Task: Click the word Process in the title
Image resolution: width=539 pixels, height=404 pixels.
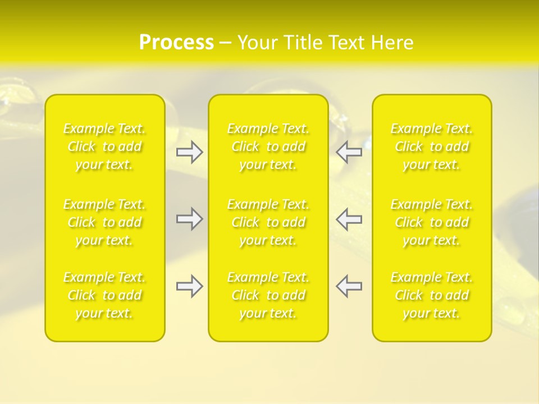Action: tap(176, 43)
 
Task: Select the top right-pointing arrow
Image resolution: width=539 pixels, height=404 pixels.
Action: tap(190, 152)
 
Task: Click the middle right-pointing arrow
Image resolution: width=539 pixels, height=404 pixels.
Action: tap(190, 219)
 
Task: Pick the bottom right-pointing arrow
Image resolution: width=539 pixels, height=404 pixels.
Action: tap(190, 286)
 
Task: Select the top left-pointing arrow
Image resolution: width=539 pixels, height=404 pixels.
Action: tap(349, 152)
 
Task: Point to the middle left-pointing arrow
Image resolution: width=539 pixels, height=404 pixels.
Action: tap(349, 219)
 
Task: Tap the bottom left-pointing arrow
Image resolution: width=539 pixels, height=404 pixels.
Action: tap(349, 286)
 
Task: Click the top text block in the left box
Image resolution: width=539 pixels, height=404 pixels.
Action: tap(104, 146)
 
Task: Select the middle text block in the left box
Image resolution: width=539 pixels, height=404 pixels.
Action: tap(104, 222)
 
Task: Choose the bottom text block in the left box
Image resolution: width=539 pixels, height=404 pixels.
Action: tap(104, 295)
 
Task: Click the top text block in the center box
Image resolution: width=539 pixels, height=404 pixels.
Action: tap(268, 146)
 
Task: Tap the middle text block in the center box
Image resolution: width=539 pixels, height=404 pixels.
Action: tap(268, 222)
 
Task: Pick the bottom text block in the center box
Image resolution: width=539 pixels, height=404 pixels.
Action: tap(268, 295)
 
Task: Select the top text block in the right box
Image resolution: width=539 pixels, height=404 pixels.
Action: tap(432, 146)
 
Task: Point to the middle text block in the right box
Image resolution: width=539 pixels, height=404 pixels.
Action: tap(432, 222)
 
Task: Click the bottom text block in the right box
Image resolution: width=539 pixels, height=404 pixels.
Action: tap(432, 295)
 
